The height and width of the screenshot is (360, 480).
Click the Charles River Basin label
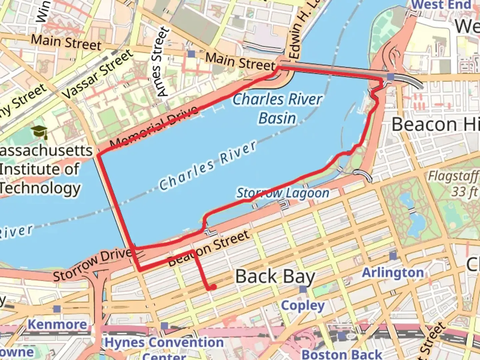coord(277,108)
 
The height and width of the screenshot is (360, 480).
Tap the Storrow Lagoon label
coord(283,193)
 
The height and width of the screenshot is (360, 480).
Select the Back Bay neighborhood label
coord(275,277)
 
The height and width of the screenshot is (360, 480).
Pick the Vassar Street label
coord(98,75)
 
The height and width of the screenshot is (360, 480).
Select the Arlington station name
coord(393,273)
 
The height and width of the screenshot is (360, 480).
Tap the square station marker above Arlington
coord(393,256)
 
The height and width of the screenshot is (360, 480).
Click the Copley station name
coord(303,305)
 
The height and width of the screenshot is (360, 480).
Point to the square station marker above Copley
coord(303,289)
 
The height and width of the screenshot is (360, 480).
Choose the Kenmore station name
coord(57,324)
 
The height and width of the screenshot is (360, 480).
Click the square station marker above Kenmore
coord(57,309)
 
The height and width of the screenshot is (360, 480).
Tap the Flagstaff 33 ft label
coord(453,183)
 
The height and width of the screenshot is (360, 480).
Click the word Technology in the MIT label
coord(40,188)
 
